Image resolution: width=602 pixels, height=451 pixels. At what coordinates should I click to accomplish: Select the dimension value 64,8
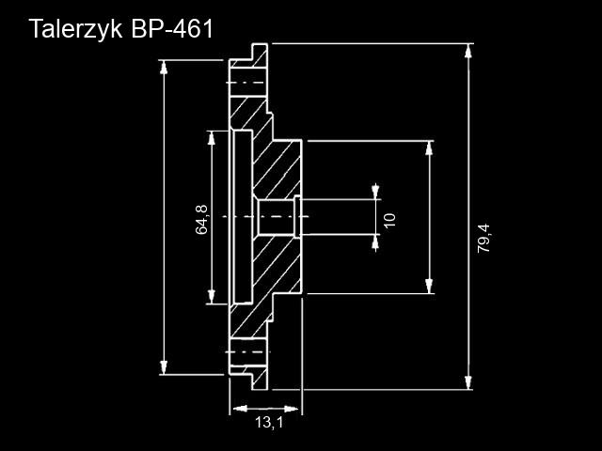201,218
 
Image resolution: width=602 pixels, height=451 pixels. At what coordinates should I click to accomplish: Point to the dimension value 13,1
268,424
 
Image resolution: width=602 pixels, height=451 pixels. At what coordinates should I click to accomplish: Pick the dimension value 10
389,219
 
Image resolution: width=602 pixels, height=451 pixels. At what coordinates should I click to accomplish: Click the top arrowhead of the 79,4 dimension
468,50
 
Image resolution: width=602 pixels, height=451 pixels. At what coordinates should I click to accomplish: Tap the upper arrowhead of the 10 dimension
376,194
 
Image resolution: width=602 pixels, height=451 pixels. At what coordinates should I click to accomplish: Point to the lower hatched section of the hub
277,272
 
